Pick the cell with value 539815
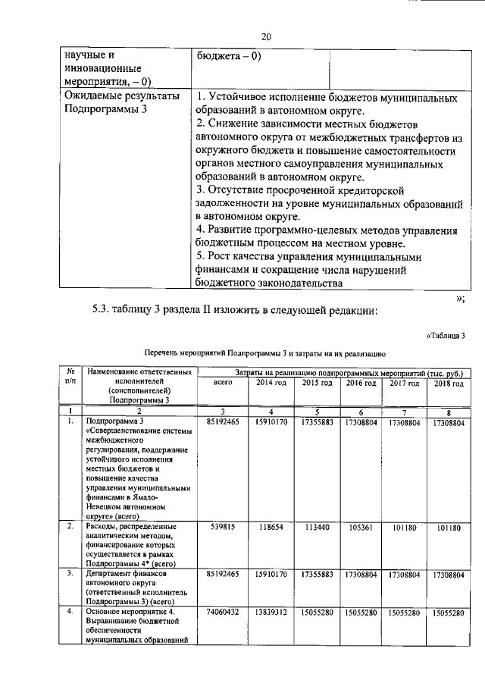[x=222, y=528]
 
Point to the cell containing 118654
[x=271, y=528]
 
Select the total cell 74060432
[x=222, y=612]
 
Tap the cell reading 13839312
[x=271, y=612]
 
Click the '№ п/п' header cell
[x=70, y=377]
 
